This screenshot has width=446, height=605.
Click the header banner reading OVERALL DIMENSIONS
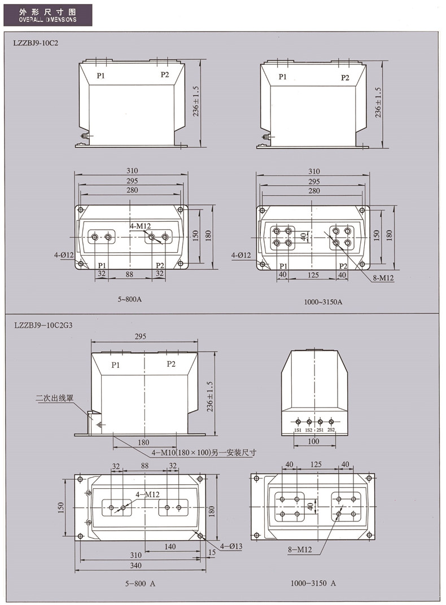48,15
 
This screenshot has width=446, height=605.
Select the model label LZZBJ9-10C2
36,43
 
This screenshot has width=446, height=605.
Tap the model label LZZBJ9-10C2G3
43,325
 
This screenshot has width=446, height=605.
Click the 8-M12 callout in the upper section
383,278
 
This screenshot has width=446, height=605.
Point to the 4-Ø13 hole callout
231,546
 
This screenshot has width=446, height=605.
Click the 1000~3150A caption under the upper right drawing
323,302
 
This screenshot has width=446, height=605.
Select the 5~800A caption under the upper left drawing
130,299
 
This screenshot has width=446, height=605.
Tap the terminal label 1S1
298,430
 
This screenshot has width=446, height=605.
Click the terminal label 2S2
331,430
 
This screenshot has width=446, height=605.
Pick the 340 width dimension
136,565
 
